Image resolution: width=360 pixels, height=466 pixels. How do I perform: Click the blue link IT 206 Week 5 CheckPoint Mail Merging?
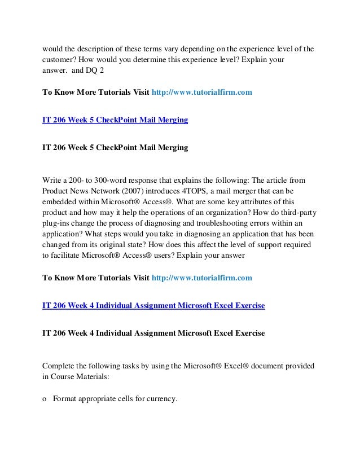pos(115,120)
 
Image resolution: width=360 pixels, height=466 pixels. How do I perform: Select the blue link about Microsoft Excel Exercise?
pos(153,306)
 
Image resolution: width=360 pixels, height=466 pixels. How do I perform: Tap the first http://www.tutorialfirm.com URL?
pos(201,91)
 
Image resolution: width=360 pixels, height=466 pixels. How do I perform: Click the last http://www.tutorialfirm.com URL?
pos(201,278)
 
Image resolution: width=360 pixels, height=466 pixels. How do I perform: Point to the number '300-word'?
pos(110,181)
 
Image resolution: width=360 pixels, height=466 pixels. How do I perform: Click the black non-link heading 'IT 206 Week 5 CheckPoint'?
pos(115,150)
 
